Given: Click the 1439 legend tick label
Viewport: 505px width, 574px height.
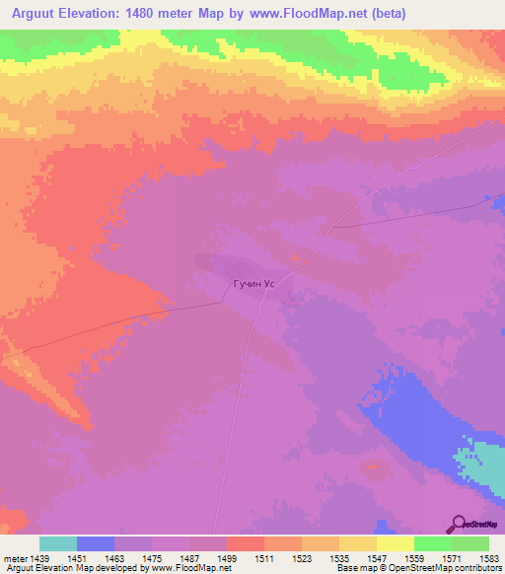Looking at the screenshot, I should click(x=38, y=557).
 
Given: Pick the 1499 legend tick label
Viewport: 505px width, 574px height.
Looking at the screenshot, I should click(x=226, y=557).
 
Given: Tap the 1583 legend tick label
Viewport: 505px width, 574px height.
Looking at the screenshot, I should click(x=489, y=557).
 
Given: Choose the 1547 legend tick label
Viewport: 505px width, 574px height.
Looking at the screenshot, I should click(x=376, y=557).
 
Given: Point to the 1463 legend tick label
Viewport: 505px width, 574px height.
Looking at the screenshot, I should click(x=113, y=557).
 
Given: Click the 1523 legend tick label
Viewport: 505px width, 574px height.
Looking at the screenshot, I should click(x=301, y=557).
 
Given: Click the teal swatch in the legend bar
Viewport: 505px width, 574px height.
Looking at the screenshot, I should click(x=58, y=543).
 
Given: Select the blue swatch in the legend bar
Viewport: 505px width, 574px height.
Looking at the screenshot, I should click(x=96, y=543).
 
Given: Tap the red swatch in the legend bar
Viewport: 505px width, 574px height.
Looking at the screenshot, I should click(x=246, y=543).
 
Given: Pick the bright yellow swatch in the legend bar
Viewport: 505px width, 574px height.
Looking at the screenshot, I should click(x=396, y=543).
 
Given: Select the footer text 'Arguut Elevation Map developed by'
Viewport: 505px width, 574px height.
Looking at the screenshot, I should click(x=71, y=568).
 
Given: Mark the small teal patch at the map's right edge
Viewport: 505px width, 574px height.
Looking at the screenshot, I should click(x=483, y=468).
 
